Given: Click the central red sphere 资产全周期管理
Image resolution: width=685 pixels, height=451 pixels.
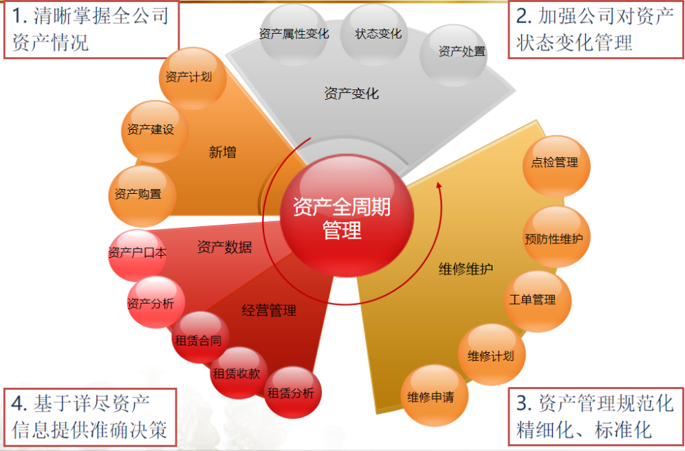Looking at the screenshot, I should pyautogui.click(x=342, y=217).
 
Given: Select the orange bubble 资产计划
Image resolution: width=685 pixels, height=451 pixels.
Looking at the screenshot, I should pyautogui.click(x=188, y=78).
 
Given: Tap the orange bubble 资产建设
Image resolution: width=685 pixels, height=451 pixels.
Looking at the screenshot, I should pyautogui.click(x=151, y=130).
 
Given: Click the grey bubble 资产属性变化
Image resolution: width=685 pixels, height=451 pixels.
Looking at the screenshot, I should pyautogui.click(x=294, y=34).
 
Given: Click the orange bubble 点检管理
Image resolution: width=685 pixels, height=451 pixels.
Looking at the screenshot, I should pyautogui.click(x=554, y=164).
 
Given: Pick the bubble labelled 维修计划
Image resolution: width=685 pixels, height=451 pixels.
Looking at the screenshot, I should pyautogui.click(x=490, y=355).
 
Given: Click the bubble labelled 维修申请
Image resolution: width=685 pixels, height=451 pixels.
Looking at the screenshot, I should pyautogui.click(x=430, y=397).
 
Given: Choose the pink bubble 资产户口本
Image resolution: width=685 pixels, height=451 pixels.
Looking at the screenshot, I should pyautogui.click(x=138, y=253).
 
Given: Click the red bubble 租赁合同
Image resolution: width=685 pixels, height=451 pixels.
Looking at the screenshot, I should pyautogui.click(x=197, y=340).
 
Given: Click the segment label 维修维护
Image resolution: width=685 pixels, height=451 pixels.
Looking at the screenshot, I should pyautogui.click(x=466, y=269).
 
